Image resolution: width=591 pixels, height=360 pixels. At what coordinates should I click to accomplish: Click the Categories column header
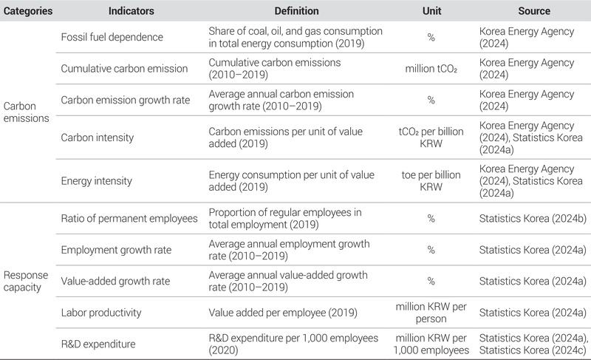(27, 12)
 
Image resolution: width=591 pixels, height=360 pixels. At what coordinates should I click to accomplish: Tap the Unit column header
(430, 12)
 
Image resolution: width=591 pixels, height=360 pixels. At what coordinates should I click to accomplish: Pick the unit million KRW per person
(430, 312)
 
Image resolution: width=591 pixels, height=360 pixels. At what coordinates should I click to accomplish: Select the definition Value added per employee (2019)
(283, 312)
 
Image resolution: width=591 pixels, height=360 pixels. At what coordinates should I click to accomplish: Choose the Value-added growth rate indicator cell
(112, 280)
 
